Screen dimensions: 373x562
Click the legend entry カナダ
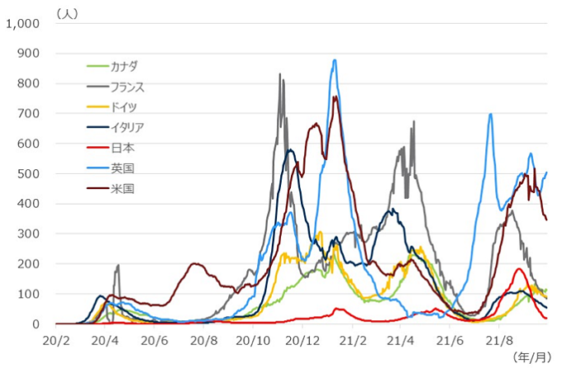point(124,65)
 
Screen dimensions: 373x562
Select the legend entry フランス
point(128,86)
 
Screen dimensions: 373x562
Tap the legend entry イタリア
point(128,127)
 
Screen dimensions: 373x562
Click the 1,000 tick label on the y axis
point(22,24)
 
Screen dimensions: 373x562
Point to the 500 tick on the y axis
point(29,174)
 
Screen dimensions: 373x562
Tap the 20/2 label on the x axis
point(56,339)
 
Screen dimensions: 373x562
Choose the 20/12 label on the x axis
point(303,339)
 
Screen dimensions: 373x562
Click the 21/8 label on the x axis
point(501,339)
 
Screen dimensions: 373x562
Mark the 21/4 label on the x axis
point(402,339)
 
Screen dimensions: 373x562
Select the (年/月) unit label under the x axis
point(531,356)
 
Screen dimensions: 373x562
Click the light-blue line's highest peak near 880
point(335,59)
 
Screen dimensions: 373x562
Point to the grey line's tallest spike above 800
point(279,74)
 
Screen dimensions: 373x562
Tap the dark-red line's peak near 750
point(336,97)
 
